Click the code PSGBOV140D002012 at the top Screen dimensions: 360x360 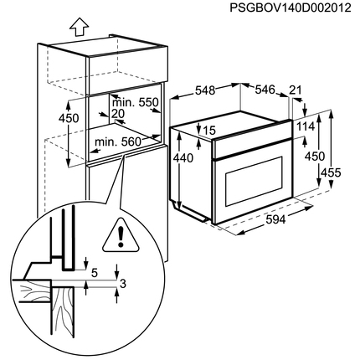tap(291, 8)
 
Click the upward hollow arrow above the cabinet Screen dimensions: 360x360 tap(79, 27)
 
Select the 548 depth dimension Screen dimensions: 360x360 tap(205, 90)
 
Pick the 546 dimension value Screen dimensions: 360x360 tap(265, 90)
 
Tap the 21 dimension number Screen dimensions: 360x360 tap(296, 90)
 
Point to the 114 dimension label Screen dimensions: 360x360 tap(306, 126)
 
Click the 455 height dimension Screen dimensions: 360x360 tap(331, 172)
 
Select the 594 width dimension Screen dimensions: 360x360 tap(275, 219)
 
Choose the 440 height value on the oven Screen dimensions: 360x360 tap(183, 158)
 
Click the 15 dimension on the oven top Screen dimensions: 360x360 tap(210, 130)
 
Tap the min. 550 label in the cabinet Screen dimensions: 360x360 tap(135, 102)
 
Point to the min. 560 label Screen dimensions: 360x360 tap(118, 142)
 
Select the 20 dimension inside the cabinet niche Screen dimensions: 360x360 tap(118, 114)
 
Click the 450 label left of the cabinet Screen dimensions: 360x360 tap(69, 118)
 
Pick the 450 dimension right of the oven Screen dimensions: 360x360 tap(315, 157)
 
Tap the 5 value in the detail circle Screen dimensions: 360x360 tap(95, 273)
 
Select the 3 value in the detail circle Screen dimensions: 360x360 tap(123, 284)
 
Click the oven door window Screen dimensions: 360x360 tap(254, 182)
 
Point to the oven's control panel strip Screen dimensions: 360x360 tap(252, 148)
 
